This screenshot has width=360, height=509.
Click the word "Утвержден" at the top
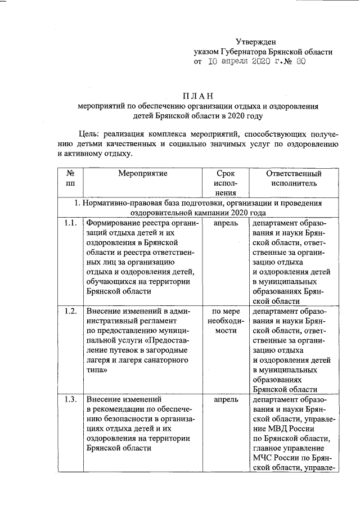click(255, 42)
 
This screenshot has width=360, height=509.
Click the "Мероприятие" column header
click(142, 174)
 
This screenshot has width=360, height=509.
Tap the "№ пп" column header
click(70, 178)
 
